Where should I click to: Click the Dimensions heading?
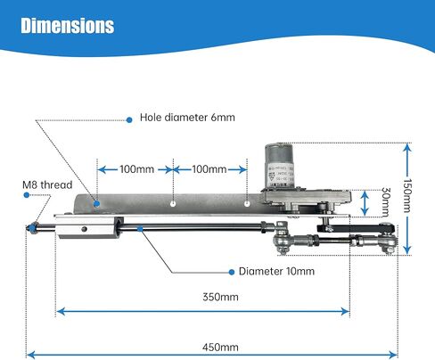point(68,26)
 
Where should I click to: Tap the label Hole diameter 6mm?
point(187,118)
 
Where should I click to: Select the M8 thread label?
point(47,184)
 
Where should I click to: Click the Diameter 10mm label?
point(276,271)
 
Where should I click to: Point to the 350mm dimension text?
point(220,297)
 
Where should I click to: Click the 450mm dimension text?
point(220,348)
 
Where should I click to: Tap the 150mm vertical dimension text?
point(407,196)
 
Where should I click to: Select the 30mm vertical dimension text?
point(385,202)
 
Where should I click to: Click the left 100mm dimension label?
point(137,169)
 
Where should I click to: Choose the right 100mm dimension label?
point(209,169)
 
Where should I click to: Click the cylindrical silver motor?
point(279,166)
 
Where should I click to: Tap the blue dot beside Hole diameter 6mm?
point(129,120)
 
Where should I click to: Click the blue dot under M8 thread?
point(27,195)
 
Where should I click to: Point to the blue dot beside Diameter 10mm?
point(232,272)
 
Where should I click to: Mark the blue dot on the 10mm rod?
point(140,228)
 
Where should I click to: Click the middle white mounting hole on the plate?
point(173,204)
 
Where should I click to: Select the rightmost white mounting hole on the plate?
point(247,204)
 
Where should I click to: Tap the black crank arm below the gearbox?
point(356,229)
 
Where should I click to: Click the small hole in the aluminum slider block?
point(85,229)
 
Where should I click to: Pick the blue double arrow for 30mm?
point(365,203)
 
